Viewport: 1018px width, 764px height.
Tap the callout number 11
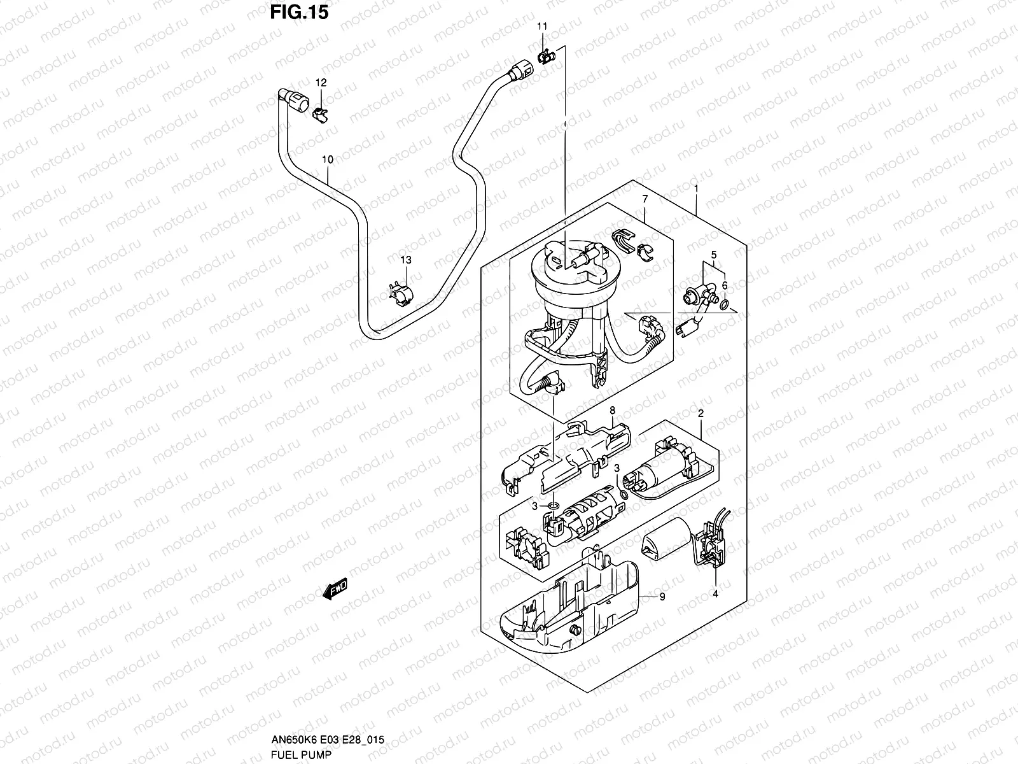pyautogui.click(x=542, y=27)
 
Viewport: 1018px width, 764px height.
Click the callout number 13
pyautogui.click(x=406, y=260)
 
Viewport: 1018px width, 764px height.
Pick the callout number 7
pyautogui.click(x=645, y=199)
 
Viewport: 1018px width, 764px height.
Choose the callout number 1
pyautogui.click(x=697, y=188)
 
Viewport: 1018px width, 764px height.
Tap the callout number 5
pyautogui.click(x=714, y=255)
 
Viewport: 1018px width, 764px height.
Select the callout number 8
pyautogui.click(x=612, y=411)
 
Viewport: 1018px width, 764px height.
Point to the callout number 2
pyautogui.click(x=701, y=413)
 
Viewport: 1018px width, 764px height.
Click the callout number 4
pyautogui.click(x=715, y=593)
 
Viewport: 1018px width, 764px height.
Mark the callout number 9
pyautogui.click(x=662, y=597)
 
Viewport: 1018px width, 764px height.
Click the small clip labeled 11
pyautogui.click(x=545, y=58)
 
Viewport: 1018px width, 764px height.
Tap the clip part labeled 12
pyautogui.click(x=322, y=115)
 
